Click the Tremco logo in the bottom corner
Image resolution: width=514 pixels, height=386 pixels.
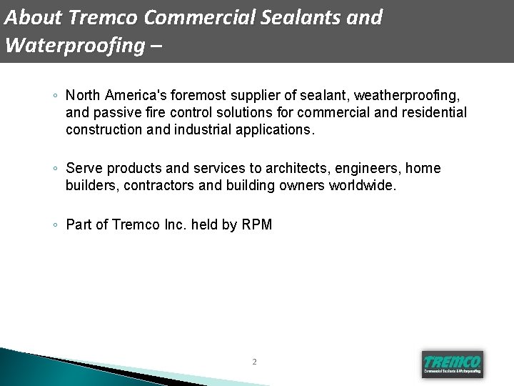453,363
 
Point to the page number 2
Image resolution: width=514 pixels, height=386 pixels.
254,362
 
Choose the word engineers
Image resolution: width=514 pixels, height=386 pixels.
372,168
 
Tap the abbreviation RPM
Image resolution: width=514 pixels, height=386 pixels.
257,224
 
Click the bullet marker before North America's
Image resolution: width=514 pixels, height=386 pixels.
55,95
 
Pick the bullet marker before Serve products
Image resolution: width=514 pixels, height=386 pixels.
55,169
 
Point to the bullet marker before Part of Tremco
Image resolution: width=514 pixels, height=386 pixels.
55,225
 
